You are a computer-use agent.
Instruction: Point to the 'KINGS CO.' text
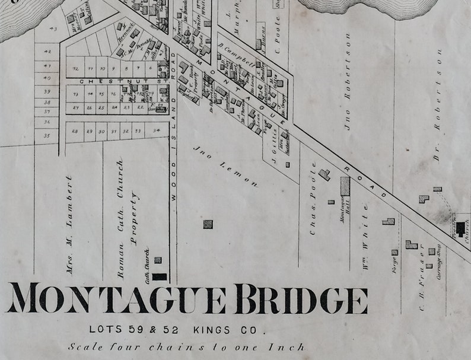[229, 329]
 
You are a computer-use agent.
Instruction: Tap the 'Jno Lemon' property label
[225, 167]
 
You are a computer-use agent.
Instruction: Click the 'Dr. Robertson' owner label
[438, 106]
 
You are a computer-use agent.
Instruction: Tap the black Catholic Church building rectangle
[159, 276]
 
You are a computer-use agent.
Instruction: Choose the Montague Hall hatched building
[345, 186]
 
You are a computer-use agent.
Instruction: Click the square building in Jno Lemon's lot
[208, 224]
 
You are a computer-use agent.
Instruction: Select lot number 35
[47, 135]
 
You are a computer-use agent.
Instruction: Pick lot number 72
[75, 69]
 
